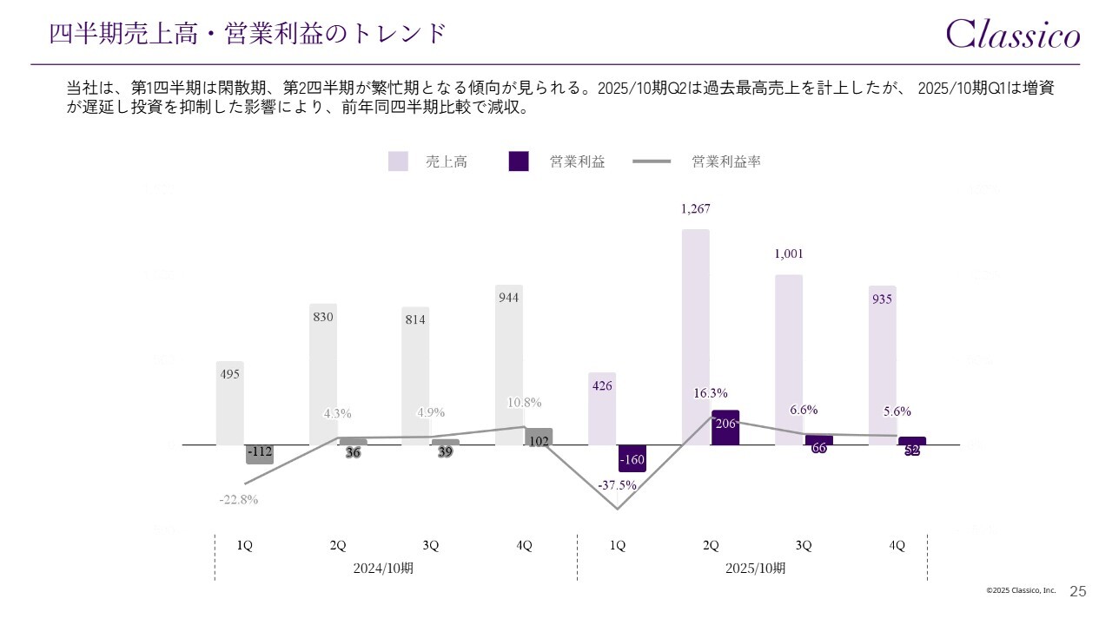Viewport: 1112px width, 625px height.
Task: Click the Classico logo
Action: [1013, 34]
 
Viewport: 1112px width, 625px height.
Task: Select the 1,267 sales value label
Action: [696, 209]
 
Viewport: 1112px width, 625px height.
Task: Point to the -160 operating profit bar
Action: [632, 458]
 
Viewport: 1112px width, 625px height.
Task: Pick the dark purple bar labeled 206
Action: [725, 428]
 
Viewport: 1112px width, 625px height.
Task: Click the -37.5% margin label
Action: [617, 485]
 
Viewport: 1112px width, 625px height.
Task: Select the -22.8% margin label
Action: [238, 499]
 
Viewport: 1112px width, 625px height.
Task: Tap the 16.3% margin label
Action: [711, 393]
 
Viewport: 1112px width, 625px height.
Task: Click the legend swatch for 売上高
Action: [398, 161]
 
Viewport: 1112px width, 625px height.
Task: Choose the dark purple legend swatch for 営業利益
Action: [519, 161]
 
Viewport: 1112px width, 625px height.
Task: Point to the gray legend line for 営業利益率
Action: [652, 161]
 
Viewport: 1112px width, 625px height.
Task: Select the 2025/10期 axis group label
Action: [756, 569]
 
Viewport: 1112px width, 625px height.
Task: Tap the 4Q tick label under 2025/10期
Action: [897, 545]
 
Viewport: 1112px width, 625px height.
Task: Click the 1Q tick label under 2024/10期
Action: [245, 545]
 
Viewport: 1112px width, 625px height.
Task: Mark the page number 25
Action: [1078, 591]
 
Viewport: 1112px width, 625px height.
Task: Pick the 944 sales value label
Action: [509, 298]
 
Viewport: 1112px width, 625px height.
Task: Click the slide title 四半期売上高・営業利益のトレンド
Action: [248, 34]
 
